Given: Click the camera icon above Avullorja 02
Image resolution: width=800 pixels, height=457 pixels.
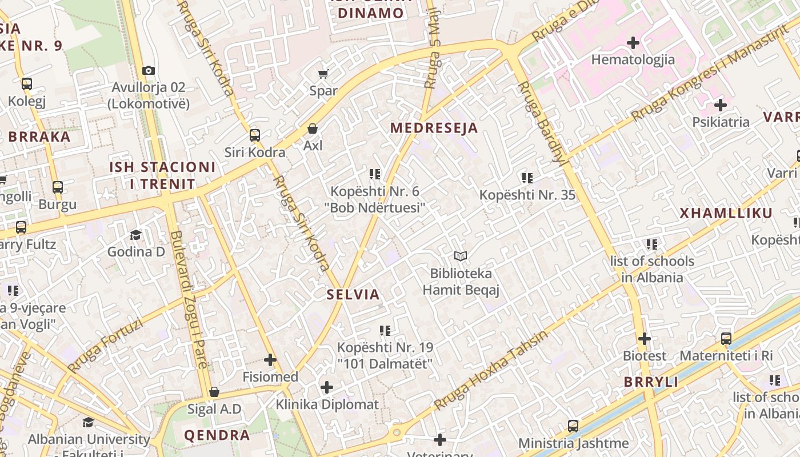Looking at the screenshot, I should tap(149, 70).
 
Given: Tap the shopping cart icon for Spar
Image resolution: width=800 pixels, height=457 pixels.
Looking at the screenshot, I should tap(323, 74).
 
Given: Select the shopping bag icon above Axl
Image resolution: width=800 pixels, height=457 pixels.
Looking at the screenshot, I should tap(313, 129).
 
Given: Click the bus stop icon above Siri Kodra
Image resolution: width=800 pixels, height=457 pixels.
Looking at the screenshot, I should tap(255, 135).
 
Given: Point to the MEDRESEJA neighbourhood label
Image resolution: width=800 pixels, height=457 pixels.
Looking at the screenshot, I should tap(434, 128).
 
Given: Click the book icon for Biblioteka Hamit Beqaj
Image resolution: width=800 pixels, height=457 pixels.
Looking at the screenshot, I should tap(461, 256).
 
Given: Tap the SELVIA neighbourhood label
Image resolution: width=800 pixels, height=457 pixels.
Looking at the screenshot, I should tap(353, 295).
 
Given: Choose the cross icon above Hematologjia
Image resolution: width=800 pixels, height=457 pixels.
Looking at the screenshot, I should tap(633, 43).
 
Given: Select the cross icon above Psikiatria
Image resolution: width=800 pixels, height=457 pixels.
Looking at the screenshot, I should tap(721, 105).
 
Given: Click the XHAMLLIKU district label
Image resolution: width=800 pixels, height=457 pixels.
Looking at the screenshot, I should tap(726, 214).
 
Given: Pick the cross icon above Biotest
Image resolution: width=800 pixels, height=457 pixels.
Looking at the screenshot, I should tap(645, 339).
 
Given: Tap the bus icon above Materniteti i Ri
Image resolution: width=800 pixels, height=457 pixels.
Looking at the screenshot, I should tap(726, 339).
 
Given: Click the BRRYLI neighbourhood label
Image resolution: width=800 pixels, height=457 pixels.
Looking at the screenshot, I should tap(651, 382).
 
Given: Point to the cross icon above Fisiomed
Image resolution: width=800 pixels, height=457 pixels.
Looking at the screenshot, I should tap(270, 360).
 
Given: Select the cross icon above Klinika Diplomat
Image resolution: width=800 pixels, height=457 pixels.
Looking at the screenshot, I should tap(327, 387).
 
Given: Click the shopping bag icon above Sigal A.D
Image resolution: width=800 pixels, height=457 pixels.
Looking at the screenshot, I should tap(214, 392).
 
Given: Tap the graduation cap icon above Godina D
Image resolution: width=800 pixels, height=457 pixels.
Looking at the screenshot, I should tap(135, 235).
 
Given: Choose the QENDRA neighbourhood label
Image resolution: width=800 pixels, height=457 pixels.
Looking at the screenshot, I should tap(217, 435).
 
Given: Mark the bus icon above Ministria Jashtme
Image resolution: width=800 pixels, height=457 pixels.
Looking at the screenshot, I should tap(573, 426).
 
